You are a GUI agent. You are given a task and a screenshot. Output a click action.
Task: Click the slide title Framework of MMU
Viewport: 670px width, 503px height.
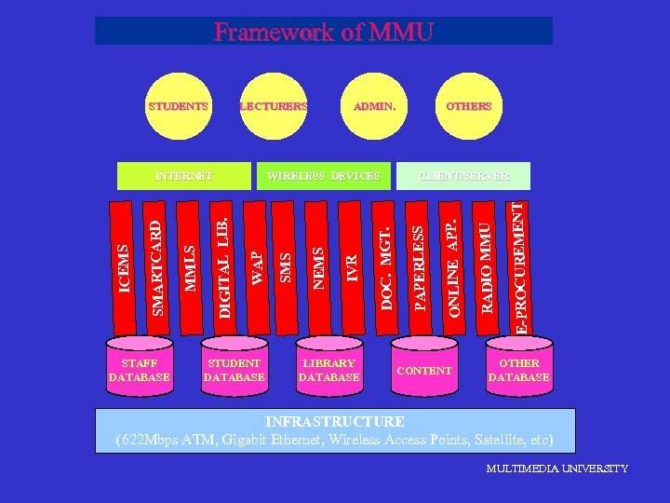coord(323,32)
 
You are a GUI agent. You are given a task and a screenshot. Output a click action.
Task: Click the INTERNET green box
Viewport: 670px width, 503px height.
coord(183,175)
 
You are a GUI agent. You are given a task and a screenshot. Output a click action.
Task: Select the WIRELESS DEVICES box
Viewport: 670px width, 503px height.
coord(323,175)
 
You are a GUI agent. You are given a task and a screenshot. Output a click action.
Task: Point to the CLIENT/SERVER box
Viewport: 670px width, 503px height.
coord(463,175)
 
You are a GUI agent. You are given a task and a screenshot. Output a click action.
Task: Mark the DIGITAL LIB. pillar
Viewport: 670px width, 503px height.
coord(222,270)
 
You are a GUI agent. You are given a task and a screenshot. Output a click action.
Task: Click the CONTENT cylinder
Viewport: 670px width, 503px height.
coord(423,370)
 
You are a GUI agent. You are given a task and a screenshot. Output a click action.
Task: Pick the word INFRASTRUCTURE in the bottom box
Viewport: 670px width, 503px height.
coord(334,422)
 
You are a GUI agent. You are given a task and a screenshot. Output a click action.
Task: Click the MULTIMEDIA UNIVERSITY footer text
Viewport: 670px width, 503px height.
coord(556,469)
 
